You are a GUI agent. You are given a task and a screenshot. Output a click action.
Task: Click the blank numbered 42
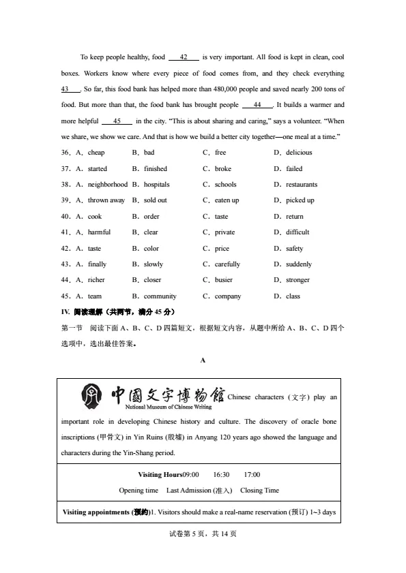[184, 57]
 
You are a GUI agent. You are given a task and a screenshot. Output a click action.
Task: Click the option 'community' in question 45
[160, 296]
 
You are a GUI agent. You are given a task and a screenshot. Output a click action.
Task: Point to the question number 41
[66, 232]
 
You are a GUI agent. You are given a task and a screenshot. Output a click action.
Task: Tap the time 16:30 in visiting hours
[221, 474]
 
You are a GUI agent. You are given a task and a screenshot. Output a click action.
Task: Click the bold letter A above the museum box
[203, 360]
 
